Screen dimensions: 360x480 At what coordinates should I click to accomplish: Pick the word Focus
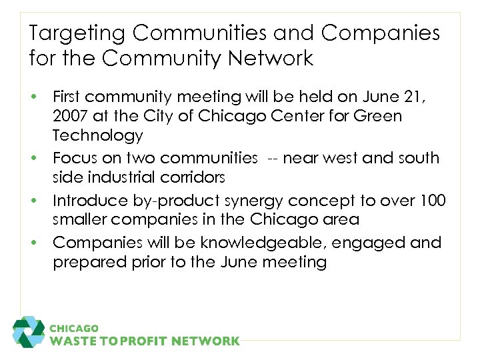click(x=75, y=158)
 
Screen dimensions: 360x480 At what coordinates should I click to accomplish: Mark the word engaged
click(x=369, y=243)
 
